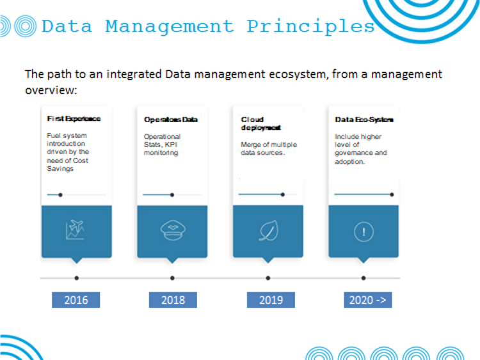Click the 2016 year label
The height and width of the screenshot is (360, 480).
click(76, 300)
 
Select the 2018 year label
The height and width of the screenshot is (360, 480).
click(173, 300)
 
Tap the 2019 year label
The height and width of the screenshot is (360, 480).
click(271, 300)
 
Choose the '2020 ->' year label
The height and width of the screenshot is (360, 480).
click(367, 300)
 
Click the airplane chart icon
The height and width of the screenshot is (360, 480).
click(75, 230)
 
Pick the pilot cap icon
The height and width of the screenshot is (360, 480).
click(173, 230)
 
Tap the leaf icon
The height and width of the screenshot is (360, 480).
click(269, 231)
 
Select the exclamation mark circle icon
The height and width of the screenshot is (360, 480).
click(364, 232)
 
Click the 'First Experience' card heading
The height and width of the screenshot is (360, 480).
click(74, 119)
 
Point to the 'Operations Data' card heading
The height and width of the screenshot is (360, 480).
click(171, 120)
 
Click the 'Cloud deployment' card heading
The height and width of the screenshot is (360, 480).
click(261, 123)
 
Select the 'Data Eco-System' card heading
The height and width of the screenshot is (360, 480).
click(364, 120)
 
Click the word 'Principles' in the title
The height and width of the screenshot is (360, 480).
click(310, 26)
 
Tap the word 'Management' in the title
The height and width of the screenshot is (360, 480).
click(170, 27)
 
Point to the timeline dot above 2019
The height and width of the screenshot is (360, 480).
click(268, 278)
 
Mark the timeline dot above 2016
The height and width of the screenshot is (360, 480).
click(77, 278)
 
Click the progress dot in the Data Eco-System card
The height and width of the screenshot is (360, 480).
click(392, 194)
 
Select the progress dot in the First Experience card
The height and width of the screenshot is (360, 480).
click(60, 195)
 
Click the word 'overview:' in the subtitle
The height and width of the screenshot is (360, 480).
click(51, 90)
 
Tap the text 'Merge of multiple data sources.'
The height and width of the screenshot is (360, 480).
click(269, 148)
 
